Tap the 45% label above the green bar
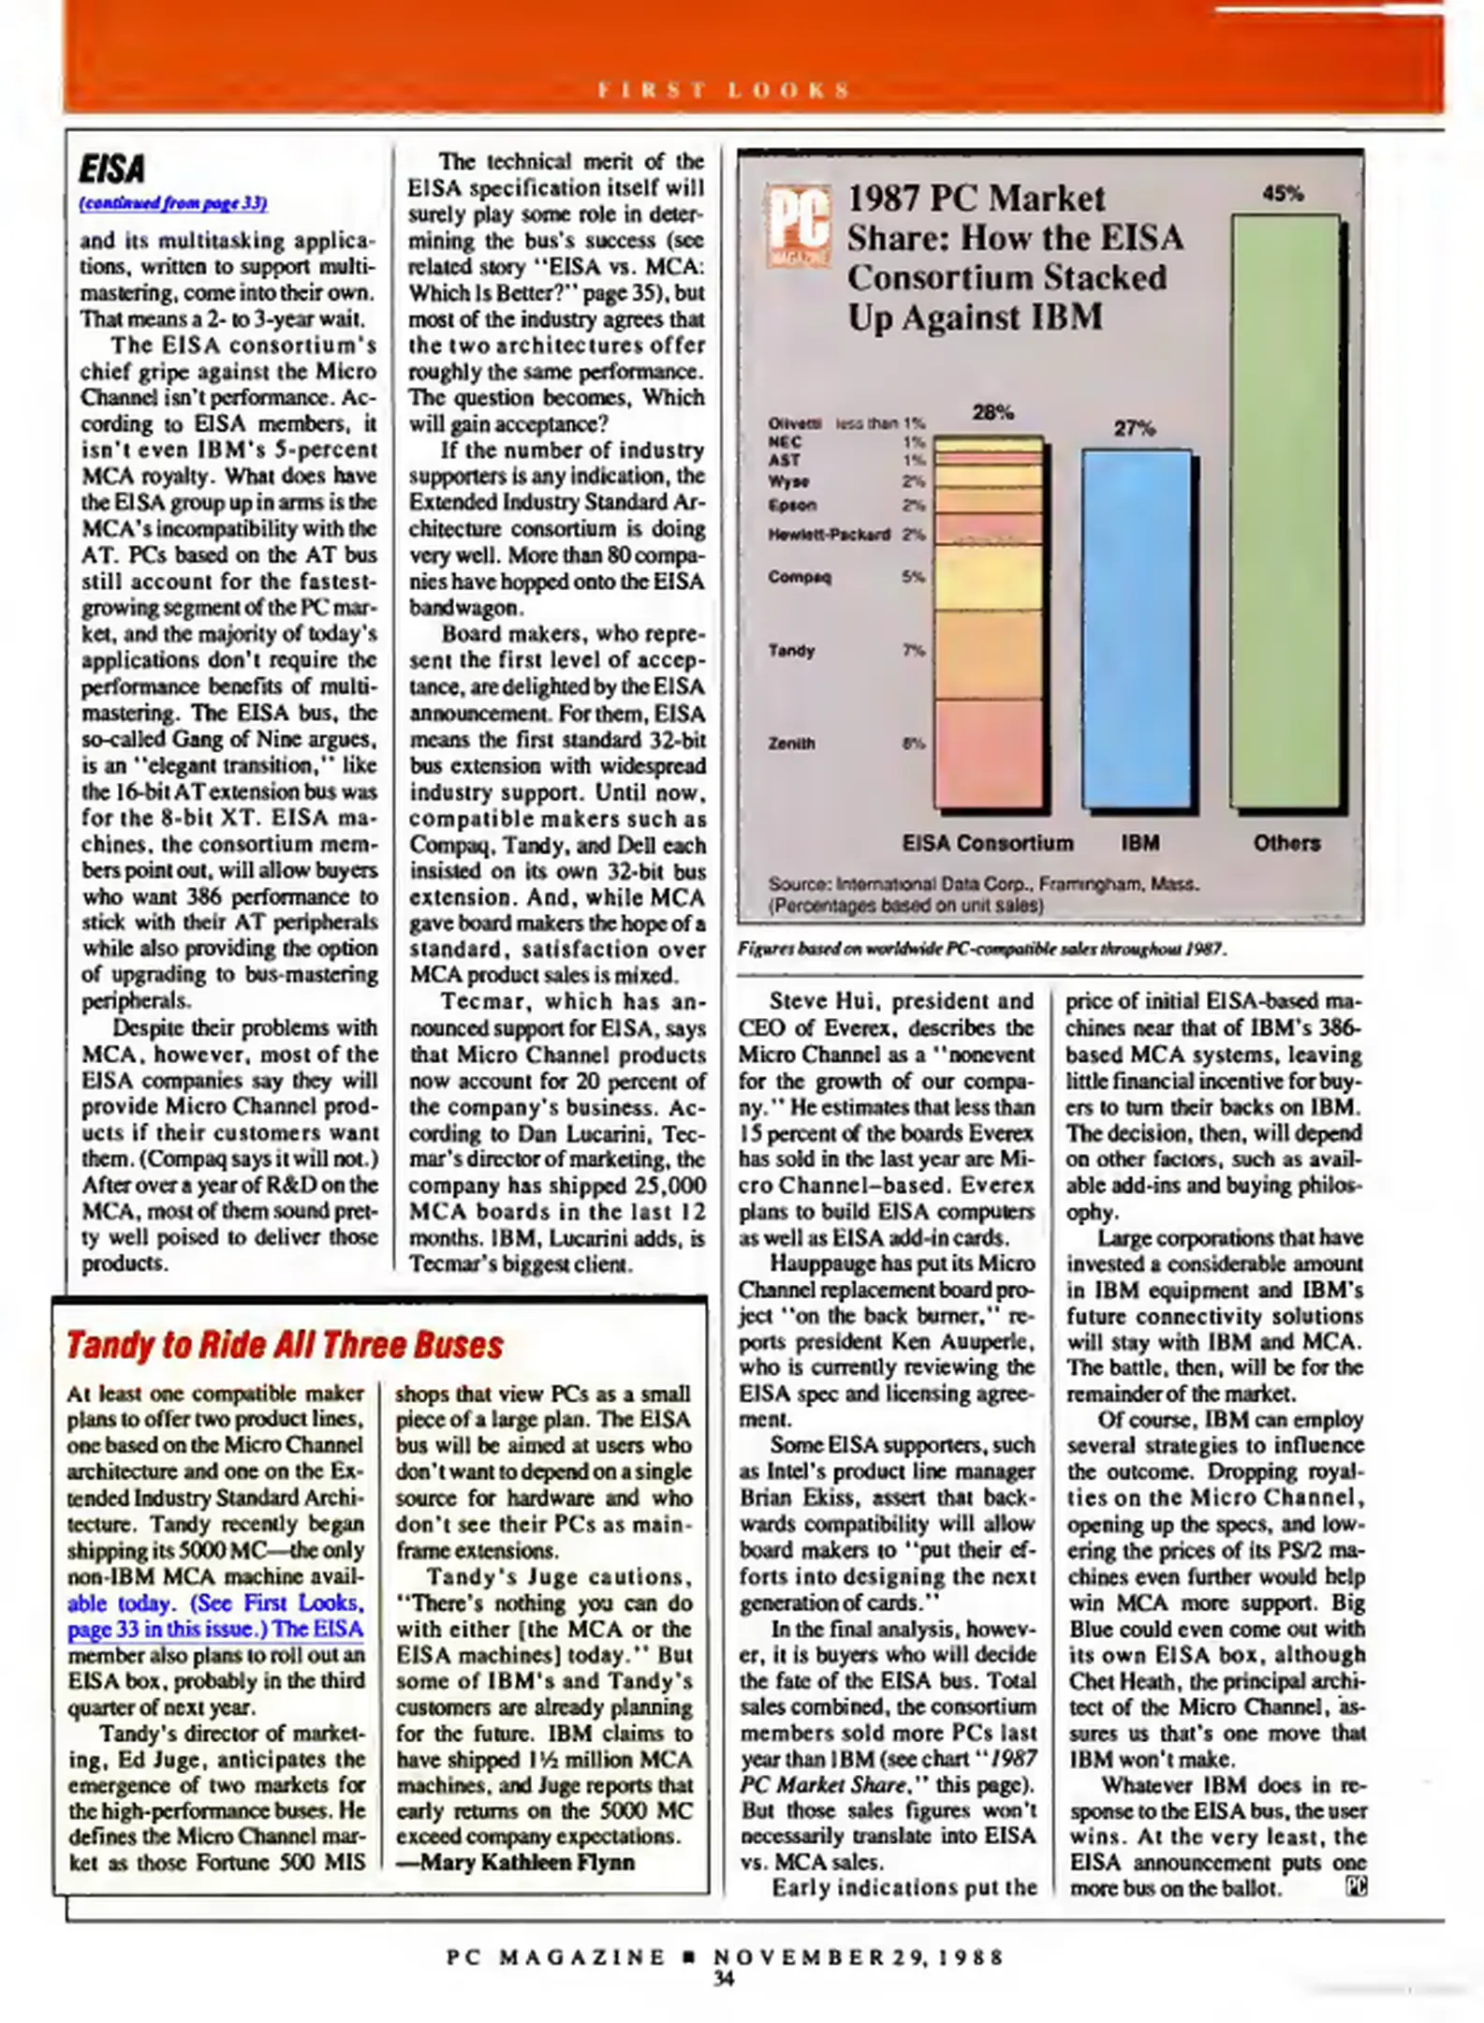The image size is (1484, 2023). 1283,194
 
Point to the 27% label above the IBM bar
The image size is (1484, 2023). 1134,429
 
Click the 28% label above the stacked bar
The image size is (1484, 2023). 992,412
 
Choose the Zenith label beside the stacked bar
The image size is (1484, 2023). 791,744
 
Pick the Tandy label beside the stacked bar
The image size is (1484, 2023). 791,650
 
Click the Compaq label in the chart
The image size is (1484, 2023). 799,577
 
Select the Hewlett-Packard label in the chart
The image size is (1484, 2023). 829,535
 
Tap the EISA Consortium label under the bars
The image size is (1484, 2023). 987,843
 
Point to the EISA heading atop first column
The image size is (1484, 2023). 112,170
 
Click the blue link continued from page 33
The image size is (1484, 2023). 173,203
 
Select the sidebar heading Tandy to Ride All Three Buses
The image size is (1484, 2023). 285,1346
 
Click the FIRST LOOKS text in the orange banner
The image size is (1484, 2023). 724,91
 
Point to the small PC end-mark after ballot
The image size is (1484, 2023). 1356,1887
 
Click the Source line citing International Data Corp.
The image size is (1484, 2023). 983,884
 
